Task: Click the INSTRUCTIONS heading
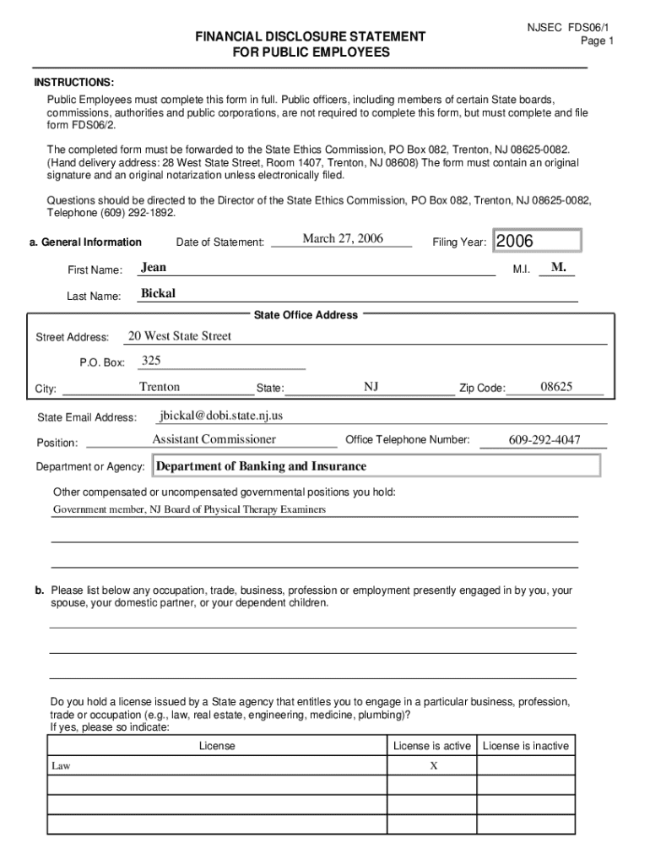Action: (74, 82)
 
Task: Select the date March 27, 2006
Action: (343, 239)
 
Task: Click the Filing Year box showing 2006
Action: (537, 242)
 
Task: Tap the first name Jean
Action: (154, 268)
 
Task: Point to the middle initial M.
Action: (558, 268)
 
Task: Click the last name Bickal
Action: (158, 294)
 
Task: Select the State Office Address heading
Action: (306, 315)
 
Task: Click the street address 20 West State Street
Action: (179, 336)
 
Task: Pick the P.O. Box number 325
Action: (151, 362)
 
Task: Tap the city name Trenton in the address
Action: (160, 387)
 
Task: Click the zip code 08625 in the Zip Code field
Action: (556, 387)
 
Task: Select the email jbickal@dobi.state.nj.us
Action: (221, 416)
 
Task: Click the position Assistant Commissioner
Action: (214, 439)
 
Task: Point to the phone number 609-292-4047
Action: (544, 440)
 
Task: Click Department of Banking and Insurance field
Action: (262, 466)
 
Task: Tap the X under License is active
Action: (433, 766)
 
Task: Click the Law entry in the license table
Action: (62, 766)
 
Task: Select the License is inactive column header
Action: (526, 746)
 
